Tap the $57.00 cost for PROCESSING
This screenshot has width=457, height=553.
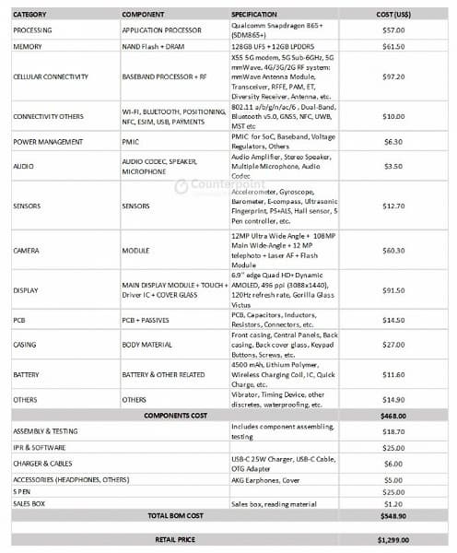click(x=393, y=29)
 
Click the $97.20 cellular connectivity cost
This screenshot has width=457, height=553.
click(x=393, y=76)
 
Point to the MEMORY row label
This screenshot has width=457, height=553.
click(x=28, y=45)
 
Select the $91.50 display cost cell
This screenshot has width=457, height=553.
click(x=393, y=290)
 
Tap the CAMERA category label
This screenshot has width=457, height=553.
click(x=26, y=250)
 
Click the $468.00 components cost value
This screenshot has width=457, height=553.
click(x=393, y=416)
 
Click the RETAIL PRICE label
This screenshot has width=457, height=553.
click(x=175, y=538)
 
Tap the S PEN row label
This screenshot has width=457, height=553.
click(x=23, y=491)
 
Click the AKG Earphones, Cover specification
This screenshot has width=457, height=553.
click(x=266, y=479)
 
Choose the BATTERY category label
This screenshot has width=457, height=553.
click(x=26, y=375)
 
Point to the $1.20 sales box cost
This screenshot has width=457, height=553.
click(x=393, y=503)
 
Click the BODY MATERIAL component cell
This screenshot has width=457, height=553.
click(x=147, y=345)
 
